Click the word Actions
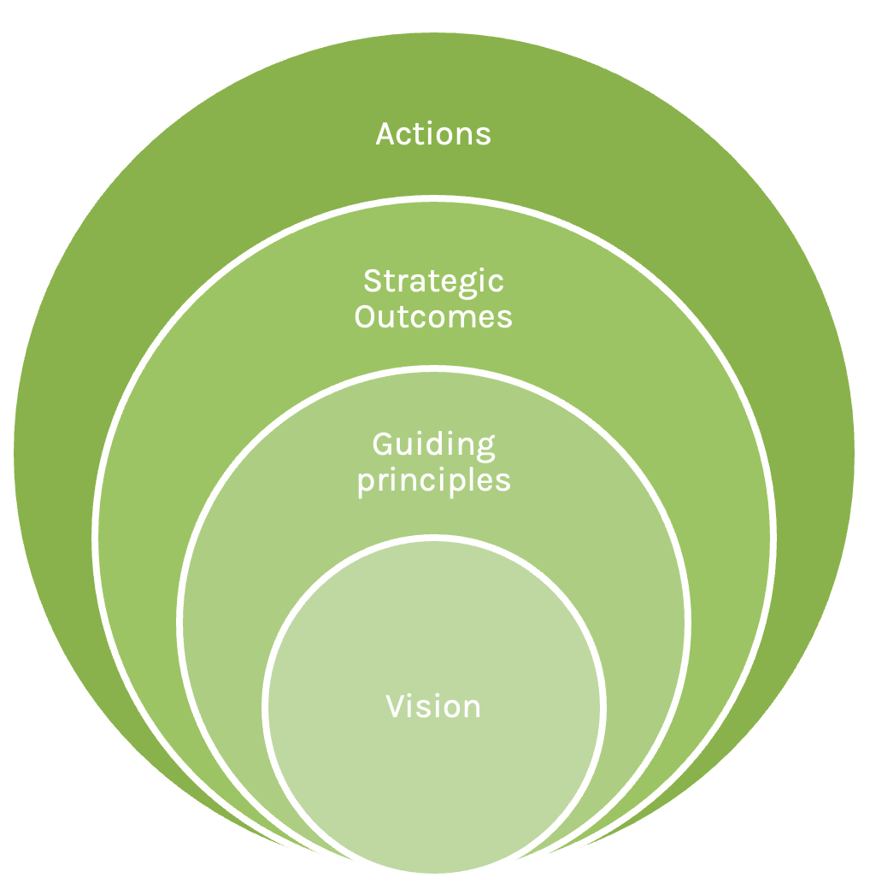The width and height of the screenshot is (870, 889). click(433, 134)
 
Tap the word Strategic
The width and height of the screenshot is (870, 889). click(433, 282)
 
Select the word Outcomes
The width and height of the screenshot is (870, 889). click(433, 317)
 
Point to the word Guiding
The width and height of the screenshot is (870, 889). click(433, 445)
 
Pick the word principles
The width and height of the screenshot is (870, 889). click(433, 480)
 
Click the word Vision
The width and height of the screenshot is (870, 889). click(433, 707)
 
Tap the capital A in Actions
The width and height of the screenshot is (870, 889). click(386, 134)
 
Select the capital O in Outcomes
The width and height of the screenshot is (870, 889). click(366, 317)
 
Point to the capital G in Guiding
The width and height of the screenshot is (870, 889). click(383, 444)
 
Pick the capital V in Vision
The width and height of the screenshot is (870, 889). click(396, 707)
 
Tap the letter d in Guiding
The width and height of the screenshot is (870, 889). click(435, 444)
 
